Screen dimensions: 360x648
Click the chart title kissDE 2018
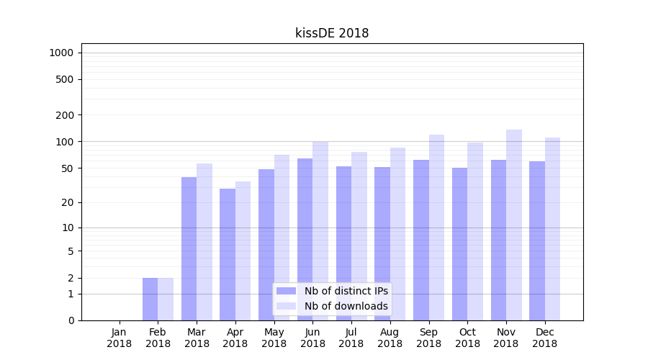click(332, 33)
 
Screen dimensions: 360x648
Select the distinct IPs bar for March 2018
click(189, 248)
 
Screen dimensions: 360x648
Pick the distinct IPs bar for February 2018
click(150, 299)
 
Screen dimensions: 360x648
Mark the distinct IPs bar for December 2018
click(537, 240)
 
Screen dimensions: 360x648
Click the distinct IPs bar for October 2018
click(459, 244)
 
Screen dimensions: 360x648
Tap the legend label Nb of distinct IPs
click(346, 291)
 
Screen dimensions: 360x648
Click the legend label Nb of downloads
click(346, 306)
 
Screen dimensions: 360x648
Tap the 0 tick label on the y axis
click(71, 320)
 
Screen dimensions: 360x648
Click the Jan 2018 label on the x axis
click(120, 338)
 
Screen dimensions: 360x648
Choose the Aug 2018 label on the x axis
click(390, 338)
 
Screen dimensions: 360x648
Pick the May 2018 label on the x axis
click(274, 338)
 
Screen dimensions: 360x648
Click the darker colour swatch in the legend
click(286, 291)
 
